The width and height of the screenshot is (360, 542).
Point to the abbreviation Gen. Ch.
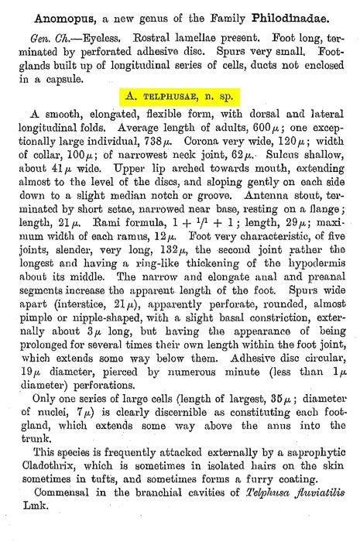(x=43, y=38)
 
